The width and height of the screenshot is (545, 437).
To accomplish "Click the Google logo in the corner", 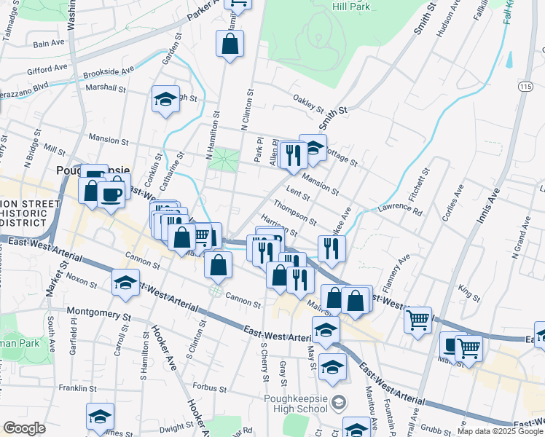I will pyautogui.click(x=24, y=428).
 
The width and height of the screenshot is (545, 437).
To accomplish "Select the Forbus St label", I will pyautogui.click(x=211, y=387).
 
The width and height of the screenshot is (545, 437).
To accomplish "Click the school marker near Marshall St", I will pyautogui.click(x=165, y=100).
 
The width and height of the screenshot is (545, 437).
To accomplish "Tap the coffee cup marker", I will pyautogui.click(x=111, y=195).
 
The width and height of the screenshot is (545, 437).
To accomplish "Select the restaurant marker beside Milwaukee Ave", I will pyautogui.click(x=332, y=249).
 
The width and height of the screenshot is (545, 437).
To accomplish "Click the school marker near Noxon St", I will pyautogui.click(x=125, y=283).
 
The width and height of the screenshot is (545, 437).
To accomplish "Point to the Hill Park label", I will pyautogui.click(x=351, y=7).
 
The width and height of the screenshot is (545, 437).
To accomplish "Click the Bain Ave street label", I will pyautogui.click(x=50, y=44).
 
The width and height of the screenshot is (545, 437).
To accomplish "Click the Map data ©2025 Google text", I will pyautogui.click(x=498, y=431).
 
